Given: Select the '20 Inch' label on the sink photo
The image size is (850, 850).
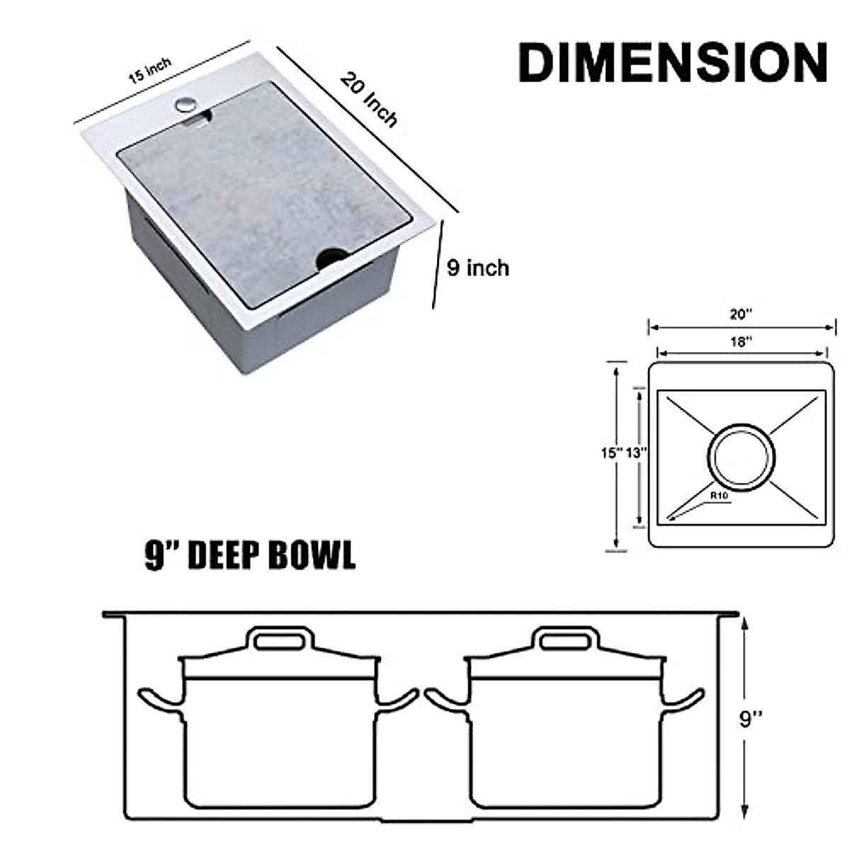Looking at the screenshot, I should pyautogui.click(x=369, y=98).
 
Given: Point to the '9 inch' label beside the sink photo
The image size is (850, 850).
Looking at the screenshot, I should pyautogui.click(x=478, y=268).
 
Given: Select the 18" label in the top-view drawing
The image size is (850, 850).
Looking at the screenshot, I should pyautogui.click(x=740, y=341).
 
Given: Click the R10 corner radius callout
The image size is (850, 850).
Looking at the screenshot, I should pyautogui.click(x=719, y=497).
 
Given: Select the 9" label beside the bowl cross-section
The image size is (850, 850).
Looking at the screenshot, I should pyautogui.click(x=751, y=719).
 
